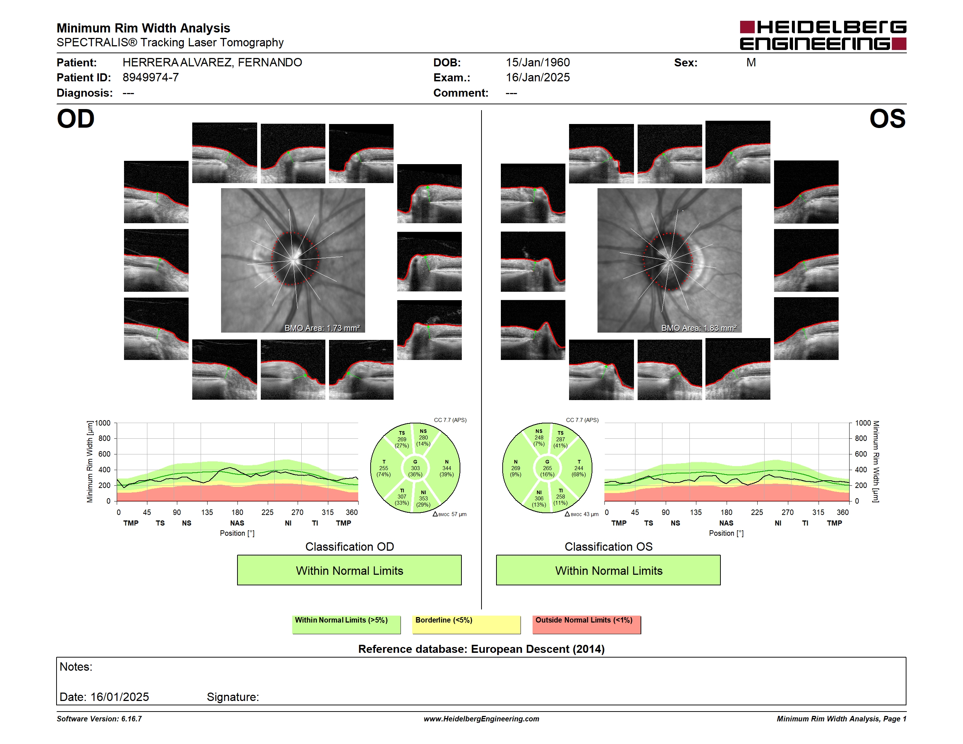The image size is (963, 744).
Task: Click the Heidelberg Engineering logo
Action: [823, 35]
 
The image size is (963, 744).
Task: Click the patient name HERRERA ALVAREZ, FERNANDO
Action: [212, 63]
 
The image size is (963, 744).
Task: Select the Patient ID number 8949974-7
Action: [150, 78]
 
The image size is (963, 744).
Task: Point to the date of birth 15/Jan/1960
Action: [538, 63]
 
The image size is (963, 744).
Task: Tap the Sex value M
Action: [751, 63]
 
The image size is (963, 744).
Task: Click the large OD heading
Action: [76, 119]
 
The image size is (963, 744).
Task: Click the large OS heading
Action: [887, 119]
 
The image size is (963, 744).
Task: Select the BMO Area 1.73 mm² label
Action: [322, 328]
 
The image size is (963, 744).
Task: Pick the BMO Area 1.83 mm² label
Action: [699, 328]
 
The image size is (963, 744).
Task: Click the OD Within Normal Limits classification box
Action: [349, 570]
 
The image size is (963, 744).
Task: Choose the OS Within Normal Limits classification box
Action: [608, 570]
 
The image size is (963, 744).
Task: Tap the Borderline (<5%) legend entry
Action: [466, 624]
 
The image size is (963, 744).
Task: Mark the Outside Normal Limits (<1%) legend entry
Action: [587, 624]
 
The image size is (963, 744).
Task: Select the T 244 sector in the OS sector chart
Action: [579, 468]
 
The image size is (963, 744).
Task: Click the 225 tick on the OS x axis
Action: [757, 512]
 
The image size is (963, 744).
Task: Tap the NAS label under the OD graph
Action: [237, 523]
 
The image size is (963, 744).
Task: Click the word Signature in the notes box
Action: [233, 697]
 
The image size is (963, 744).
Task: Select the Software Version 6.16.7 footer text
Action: [99, 719]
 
